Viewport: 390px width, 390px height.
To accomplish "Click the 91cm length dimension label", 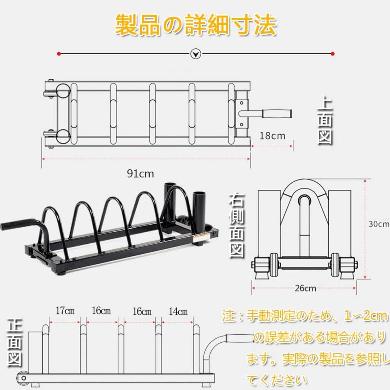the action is pyautogui.click(x=140, y=173).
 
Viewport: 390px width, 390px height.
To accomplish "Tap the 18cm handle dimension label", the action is pyautogui.click(x=272, y=136).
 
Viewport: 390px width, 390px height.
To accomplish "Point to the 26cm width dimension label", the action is pyautogui.click(x=305, y=288).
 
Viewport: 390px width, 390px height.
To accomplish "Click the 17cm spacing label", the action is pyautogui.click(x=65, y=310).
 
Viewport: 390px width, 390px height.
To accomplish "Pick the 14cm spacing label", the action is pyautogui.click(x=178, y=311).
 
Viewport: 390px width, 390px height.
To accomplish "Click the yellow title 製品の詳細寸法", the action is pyautogui.click(x=196, y=25).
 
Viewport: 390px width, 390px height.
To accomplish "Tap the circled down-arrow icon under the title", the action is pyautogui.click(x=196, y=54).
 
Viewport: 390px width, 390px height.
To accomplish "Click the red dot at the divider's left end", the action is pyautogui.click(x=59, y=54).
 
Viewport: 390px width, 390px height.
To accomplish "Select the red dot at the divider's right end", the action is pyautogui.click(x=333, y=54).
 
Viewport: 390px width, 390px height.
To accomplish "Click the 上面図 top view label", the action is pyautogui.click(x=325, y=120).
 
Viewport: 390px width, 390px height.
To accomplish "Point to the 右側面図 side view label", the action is pyautogui.click(x=236, y=225).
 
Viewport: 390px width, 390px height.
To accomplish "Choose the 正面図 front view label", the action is pyautogui.click(x=15, y=343).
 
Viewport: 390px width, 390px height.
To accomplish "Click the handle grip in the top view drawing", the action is pyautogui.click(x=277, y=114).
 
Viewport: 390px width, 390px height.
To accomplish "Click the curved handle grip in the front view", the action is pyautogui.click(x=240, y=338).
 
